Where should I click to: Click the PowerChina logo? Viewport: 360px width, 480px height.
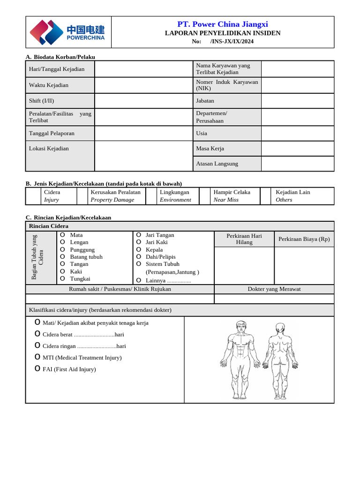pyautogui.click(x=67, y=32)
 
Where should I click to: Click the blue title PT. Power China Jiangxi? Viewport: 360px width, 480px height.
pyautogui.click(x=223, y=24)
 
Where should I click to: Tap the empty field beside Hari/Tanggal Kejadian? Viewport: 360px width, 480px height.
pyautogui.click(x=143, y=69)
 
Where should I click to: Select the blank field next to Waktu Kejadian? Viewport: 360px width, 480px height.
pyautogui.click(x=143, y=85)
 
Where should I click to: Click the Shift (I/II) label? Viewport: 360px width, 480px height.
pyautogui.click(x=42, y=101)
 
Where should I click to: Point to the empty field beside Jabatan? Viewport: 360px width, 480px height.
pyautogui.click(x=297, y=101)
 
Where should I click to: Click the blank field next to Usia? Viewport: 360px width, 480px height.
pyautogui.click(x=297, y=133)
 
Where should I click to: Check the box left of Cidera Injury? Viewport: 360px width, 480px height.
pyautogui.click(x=33, y=196)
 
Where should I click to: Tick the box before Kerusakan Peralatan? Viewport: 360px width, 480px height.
pyautogui.click(x=82, y=196)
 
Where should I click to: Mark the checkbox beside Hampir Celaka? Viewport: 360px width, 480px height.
pyautogui.click(x=205, y=196)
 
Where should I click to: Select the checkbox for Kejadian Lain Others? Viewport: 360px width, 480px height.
pyautogui.click(x=266, y=196)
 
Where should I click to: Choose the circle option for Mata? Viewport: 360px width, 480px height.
pyautogui.click(x=62, y=235)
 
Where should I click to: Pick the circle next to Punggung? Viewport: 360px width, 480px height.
pyautogui.click(x=62, y=249)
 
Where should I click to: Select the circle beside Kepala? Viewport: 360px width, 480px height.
pyautogui.click(x=138, y=249)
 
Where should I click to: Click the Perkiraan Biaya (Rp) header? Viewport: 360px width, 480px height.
pyautogui.click(x=304, y=239)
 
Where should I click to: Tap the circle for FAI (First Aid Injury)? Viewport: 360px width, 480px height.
pyautogui.click(x=37, y=369)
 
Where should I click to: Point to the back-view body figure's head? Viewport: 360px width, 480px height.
pyautogui.click(x=280, y=327)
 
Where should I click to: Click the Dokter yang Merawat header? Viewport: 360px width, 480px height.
pyautogui.click(x=274, y=289)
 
